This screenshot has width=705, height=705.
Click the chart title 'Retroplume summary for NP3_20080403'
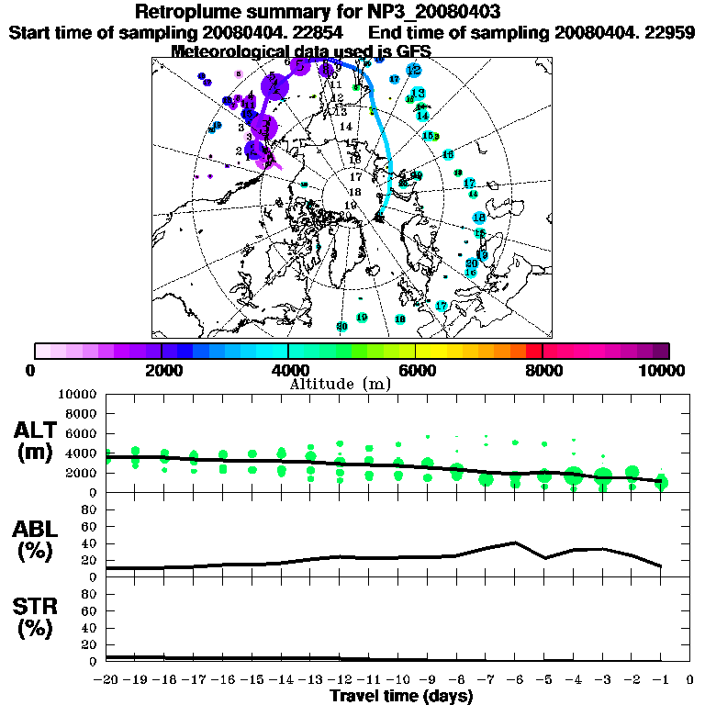pos(352,12)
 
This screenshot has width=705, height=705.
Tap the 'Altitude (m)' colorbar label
pos(352,383)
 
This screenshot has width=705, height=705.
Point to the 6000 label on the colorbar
pos(416,370)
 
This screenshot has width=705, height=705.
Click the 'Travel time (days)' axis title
pos(401,697)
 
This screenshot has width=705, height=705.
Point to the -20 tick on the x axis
pos(106,680)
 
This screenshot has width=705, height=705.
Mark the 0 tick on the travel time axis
pos(689,680)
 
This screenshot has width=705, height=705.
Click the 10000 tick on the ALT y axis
pos(77,394)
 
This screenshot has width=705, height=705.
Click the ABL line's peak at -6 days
pos(515,543)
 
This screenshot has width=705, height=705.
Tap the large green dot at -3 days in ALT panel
pos(602,476)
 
